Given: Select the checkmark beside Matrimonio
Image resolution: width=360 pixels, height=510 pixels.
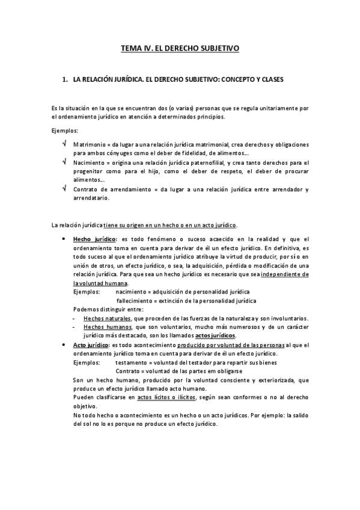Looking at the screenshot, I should pos(64,145).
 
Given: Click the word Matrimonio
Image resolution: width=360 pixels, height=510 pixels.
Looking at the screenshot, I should pos(88,145).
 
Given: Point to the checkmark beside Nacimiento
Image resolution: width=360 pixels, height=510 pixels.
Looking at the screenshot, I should pos(64,162).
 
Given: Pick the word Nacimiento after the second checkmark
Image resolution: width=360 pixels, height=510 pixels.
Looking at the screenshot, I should pos(88,162).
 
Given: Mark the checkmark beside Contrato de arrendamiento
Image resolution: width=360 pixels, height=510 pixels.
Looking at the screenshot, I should pos(64,188).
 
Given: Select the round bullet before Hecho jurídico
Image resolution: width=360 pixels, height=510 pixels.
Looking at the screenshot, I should pos(64,239).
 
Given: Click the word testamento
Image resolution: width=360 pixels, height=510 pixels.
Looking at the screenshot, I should pos(132,363).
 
